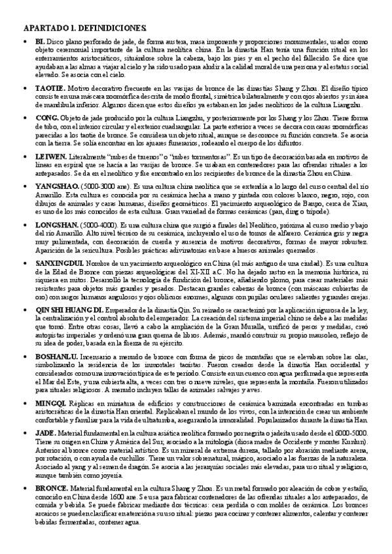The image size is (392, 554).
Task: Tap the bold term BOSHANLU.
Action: [57, 357]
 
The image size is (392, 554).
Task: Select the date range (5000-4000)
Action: [99, 223]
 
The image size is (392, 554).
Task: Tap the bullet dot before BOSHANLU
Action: [25, 358]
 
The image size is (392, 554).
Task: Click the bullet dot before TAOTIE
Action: [25, 88]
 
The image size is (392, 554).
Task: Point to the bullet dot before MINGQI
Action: [25, 404]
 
